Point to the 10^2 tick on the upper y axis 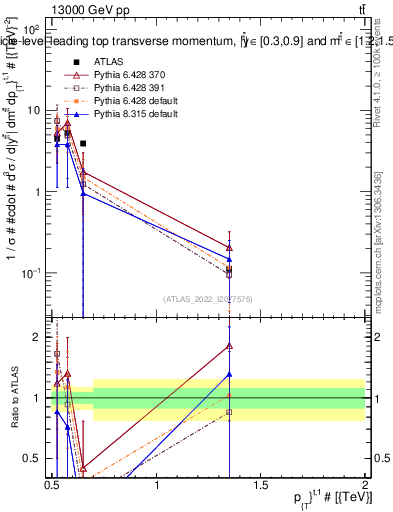click(x=32, y=30)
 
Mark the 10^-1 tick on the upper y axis click(x=32, y=273)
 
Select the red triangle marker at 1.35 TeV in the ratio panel click(x=230, y=346)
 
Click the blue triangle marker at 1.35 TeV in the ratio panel click(x=230, y=374)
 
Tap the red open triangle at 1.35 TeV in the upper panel click(x=230, y=247)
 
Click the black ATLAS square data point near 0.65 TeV click(x=83, y=143)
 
